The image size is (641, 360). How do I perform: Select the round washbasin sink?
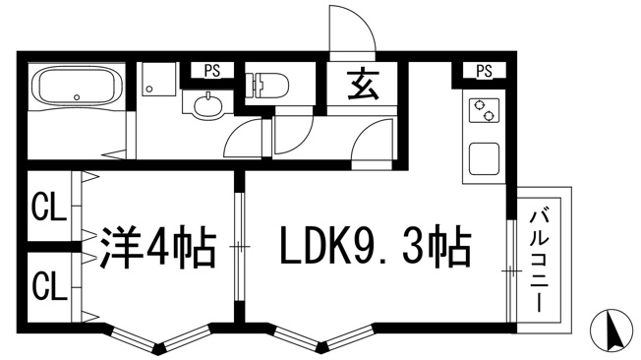tap(208, 106)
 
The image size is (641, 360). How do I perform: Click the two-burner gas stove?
tap(483, 109)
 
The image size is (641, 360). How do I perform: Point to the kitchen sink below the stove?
tap(484, 158)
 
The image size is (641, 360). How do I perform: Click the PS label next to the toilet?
tap(212, 71)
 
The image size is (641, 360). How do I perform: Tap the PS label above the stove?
tap(485, 71)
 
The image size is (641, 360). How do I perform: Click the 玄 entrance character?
tap(362, 86)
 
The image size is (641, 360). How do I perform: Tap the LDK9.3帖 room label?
tap(376, 246)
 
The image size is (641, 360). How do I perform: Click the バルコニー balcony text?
tap(540, 261)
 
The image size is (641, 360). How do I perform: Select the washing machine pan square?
tap(159, 79)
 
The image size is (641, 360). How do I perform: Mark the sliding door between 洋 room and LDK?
tap(240, 246)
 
